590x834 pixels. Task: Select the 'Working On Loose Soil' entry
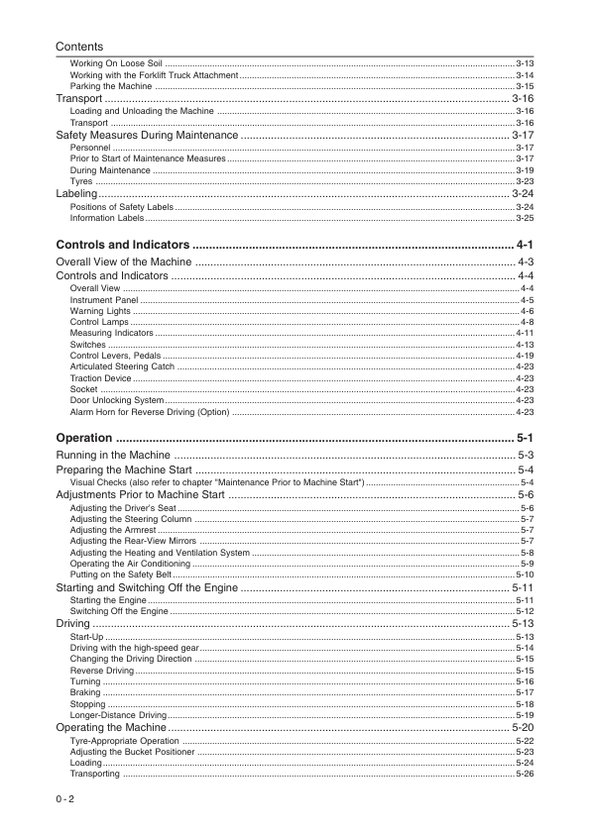coord(116,63)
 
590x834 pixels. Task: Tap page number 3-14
coord(525,75)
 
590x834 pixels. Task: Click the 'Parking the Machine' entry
coord(111,87)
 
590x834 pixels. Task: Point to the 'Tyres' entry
coord(81,182)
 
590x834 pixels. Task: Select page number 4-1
coord(526,245)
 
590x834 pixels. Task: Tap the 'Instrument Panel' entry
coord(104,299)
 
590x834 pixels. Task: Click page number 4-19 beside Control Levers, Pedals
coord(525,356)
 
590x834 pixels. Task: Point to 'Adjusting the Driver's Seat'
coord(123,507)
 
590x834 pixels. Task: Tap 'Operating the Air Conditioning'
coord(130,564)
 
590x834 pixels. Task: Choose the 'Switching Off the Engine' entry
coord(119,612)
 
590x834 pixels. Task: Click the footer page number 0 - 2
coord(66,798)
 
